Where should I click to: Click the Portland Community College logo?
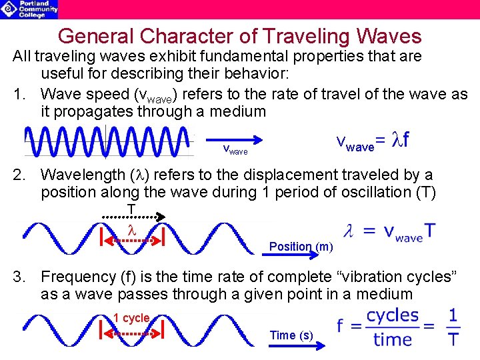coord(30,9)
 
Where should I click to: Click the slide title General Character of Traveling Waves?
coord(239,36)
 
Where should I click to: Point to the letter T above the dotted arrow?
coord(132,209)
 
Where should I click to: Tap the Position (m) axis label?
coord(301,247)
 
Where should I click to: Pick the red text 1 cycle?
coord(131,318)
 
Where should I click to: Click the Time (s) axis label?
coord(291,335)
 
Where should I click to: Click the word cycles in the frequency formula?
coord(393,315)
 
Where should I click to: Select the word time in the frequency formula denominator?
coord(393,339)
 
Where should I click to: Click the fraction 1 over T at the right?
coord(453,327)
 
